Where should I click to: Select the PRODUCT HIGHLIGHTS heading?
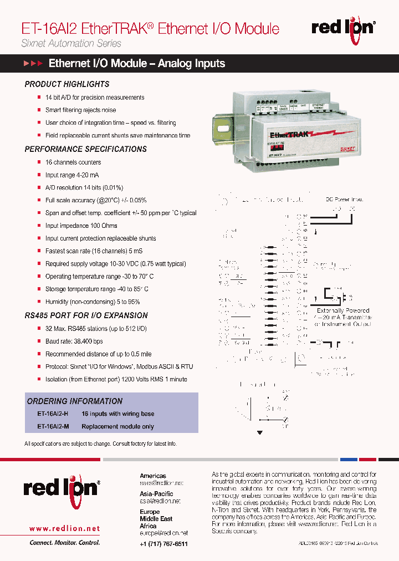pos(67,84)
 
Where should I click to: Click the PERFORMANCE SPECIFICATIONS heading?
pos(86,149)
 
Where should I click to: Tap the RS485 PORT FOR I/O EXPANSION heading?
pos(86,315)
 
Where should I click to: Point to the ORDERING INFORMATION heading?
pos(75,401)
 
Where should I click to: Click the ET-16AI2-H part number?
pos(53,414)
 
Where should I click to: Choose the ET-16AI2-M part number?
pos(53,427)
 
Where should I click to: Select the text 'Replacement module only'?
pos(117,427)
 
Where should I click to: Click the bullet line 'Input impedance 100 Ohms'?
pos(81,226)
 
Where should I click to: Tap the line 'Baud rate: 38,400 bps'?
pos(74,341)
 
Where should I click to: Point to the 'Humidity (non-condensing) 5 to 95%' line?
pos(93,302)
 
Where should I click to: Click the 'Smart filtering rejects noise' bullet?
pos(80,110)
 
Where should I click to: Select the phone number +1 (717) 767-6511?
pos(163,544)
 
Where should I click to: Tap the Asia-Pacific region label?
pos(156,493)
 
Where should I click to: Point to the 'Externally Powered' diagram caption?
pos(343,310)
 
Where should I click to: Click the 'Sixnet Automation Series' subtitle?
pos(71,43)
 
